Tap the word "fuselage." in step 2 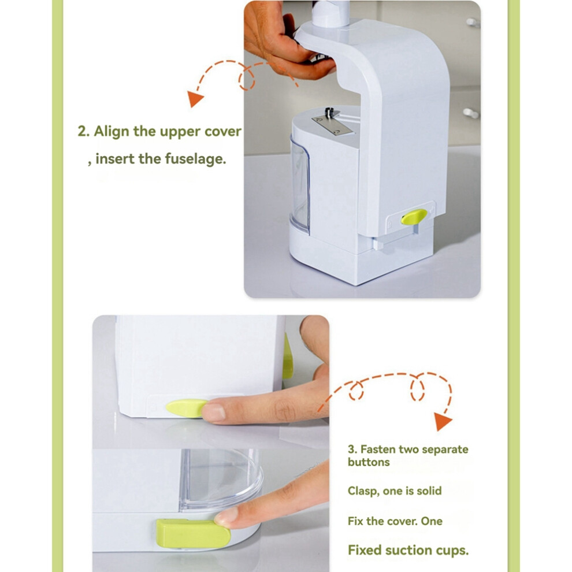pos(195,159)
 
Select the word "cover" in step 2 pos(222,132)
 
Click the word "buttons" pos(369,462)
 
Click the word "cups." pos(454,551)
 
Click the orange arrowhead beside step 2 pos(195,98)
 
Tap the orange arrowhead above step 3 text pos(443,421)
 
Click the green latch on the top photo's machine pos(414,217)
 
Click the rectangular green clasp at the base pos(193,534)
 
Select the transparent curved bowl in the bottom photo pos(221,479)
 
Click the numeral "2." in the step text pos(84,132)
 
